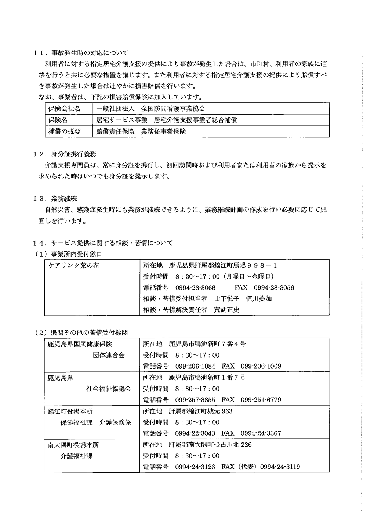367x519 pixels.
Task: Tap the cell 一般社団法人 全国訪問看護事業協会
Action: point(150,109)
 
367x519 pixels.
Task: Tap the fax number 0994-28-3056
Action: point(274,288)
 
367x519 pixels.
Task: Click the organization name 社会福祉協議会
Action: point(108,389)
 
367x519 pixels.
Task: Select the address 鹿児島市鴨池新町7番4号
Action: point(207,344)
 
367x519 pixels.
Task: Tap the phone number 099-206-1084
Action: point(195,366)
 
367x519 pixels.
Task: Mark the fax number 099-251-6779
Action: point(261,400)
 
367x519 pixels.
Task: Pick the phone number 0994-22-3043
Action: point(195,433)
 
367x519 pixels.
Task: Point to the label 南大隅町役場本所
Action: point(73,445)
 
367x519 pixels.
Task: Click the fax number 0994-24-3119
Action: point(280,467)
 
